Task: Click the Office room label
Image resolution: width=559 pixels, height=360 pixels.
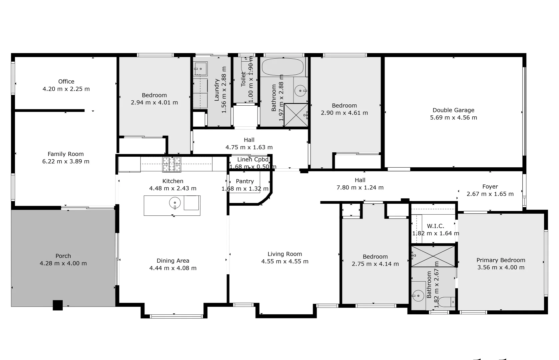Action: click(x=66, y=81)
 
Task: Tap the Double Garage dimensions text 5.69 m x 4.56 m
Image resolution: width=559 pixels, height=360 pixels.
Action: click(x=453, y=118)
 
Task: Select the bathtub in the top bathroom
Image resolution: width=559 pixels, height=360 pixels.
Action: click(x=283, y=67)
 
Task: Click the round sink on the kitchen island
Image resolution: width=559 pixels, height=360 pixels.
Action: click(x=175, y=202)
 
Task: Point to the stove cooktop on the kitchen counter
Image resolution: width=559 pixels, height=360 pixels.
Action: click(x=171, y=164)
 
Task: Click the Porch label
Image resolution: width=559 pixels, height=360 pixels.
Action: click(x=63, y=256)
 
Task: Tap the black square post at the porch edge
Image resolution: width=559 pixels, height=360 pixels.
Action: click(x=58, y=305)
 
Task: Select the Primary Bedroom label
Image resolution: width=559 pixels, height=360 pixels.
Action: click(x=501, y=260)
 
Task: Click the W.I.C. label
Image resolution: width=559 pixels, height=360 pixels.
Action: click(x=435, y=226)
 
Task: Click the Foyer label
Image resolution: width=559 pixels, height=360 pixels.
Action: click(x=490, y=187)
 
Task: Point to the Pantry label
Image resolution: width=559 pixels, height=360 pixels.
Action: click(x=245, y=181)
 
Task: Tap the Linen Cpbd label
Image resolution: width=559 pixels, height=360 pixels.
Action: click(x=252, y=160)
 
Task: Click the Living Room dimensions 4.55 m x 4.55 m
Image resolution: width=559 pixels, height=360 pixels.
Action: click(x=285, y=262)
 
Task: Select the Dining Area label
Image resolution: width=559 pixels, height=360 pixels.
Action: click(x=173, y=261)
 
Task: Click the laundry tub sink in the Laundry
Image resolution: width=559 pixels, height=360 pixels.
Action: click(x=200, y=69)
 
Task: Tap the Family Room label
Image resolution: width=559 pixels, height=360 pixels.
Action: click(x=65, y=154)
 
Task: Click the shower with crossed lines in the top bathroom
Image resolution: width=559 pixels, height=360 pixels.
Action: click(x=296, y=115)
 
